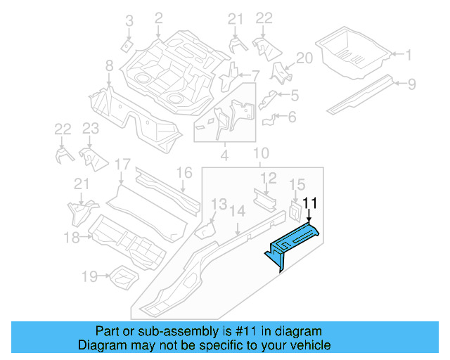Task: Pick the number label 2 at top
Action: tap(158, 18)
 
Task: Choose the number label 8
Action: tap(109, 65)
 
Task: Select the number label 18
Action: tap(72, 238)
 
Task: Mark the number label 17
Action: tap(122, 165)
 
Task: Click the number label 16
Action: tap(184, 173)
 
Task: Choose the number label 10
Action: tap(260, 153)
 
